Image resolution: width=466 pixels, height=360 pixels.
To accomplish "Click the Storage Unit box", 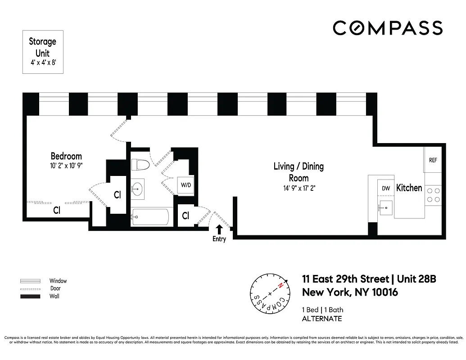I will [43, 52].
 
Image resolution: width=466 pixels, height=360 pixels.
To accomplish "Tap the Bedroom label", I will [66, 156].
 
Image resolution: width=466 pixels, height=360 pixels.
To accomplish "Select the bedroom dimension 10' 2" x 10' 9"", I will [66, 165].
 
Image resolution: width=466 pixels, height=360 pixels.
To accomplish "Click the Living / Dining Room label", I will [299, 171].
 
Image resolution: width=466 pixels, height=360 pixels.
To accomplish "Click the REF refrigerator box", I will [433, 160].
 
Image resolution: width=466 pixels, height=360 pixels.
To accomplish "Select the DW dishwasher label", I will [385, 189].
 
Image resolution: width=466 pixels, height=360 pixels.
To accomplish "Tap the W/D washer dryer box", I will [185, 185].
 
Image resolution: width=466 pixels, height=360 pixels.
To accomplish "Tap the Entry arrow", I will [219, 229].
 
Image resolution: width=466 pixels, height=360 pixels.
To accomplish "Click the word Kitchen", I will [409, 188].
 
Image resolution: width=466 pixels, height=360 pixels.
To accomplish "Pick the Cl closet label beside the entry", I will [185, 216].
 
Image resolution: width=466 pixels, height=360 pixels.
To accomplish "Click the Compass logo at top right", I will [388, 28].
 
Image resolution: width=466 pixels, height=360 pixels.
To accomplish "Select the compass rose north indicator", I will [280, 286].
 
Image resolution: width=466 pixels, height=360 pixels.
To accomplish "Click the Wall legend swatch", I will [30, 297].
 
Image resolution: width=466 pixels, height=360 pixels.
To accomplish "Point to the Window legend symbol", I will [30, 281].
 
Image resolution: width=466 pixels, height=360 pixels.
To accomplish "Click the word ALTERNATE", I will [321, 319].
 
